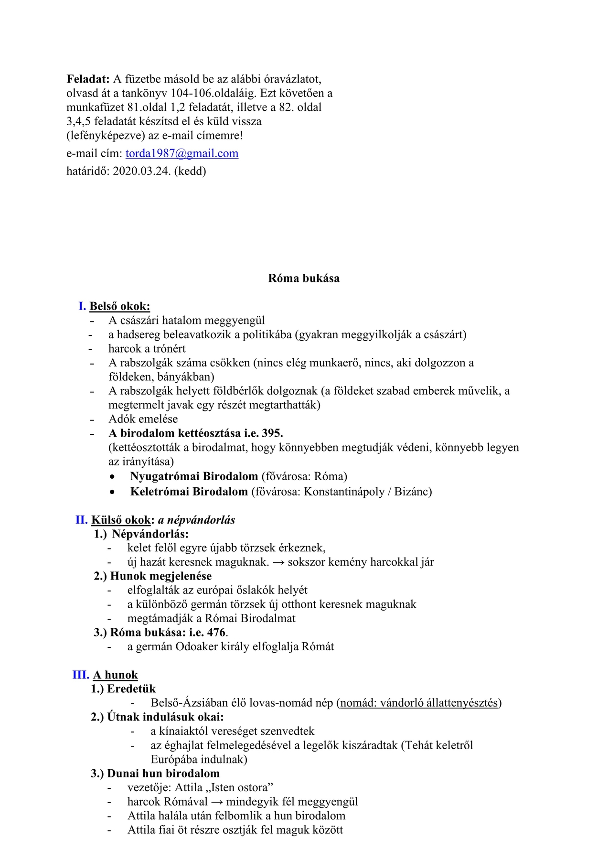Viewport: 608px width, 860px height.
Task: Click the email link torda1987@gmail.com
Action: [181, 153]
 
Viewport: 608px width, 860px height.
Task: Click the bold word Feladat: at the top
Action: [88, 79]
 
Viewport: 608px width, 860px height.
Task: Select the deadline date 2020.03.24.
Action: [142, 171]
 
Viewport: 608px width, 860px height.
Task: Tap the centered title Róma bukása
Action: [304, 278]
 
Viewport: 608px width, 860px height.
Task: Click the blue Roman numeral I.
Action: [82, 306]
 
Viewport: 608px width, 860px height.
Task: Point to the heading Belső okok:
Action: [120, 306]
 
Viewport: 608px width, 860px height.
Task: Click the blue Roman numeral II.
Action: [81, 520]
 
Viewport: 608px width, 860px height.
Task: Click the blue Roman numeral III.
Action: [81, 675]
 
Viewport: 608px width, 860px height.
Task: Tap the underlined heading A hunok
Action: [116, 675]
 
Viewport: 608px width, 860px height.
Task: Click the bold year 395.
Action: [272, 433]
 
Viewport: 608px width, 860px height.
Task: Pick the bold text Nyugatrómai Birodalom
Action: [194, 476]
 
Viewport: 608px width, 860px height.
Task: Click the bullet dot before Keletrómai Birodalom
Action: [112, 492]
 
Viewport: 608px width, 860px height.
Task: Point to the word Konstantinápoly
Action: [344, 492]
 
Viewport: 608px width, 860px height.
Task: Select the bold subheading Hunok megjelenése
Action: [161, 576]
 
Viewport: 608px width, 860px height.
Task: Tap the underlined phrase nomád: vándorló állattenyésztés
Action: [419, 703]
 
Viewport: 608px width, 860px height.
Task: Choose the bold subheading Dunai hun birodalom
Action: [163, 774]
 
